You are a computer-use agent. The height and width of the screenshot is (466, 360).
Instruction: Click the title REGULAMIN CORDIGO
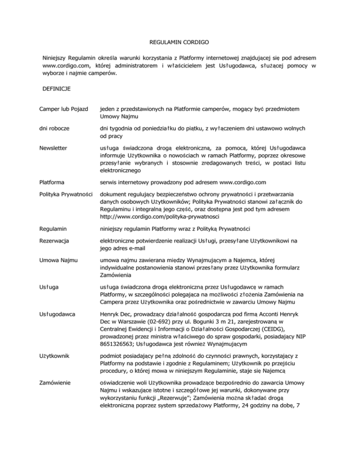[x=180, y=42]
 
